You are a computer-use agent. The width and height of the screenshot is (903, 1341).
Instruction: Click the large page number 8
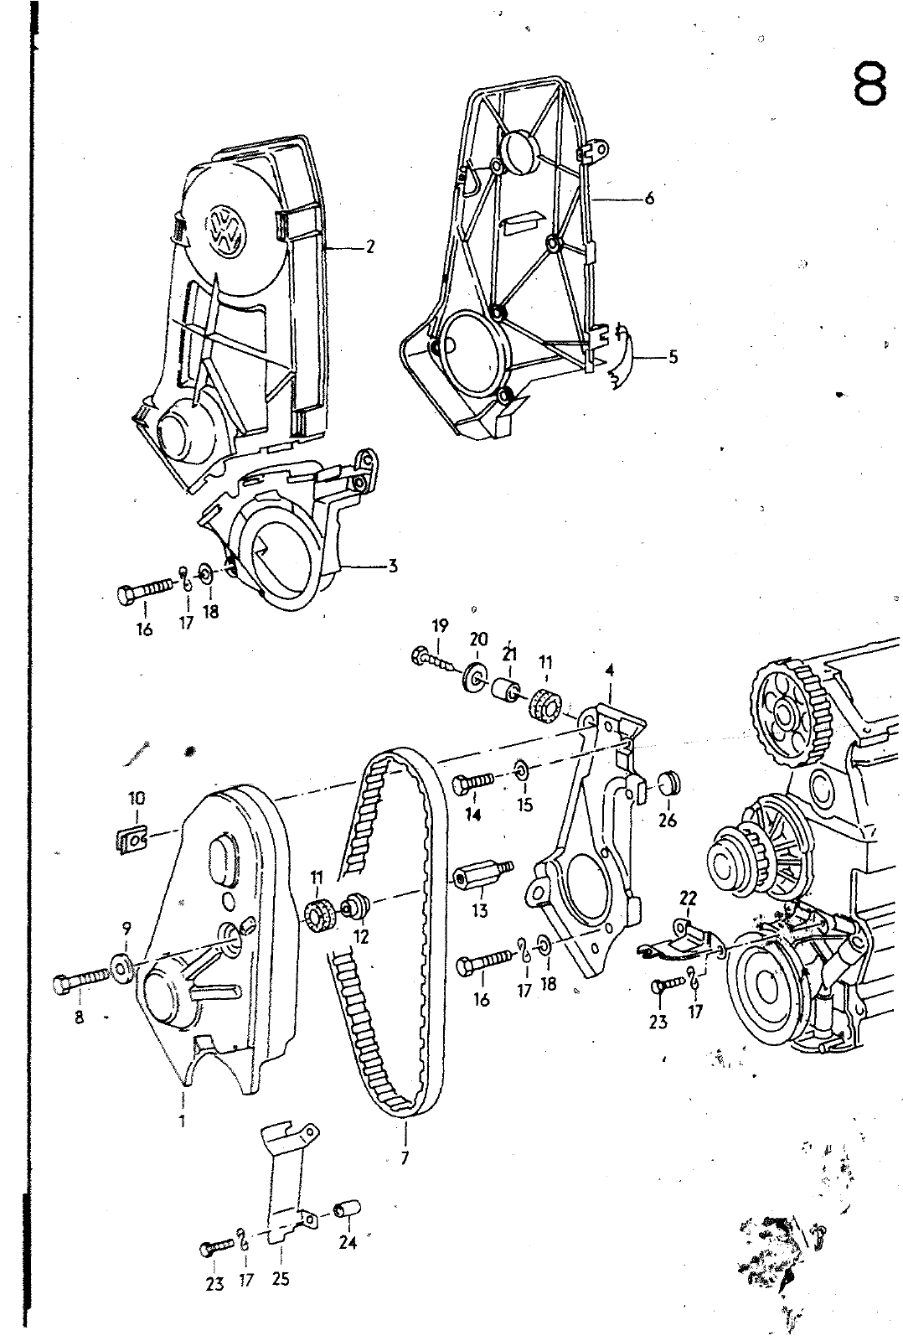click(869, 84)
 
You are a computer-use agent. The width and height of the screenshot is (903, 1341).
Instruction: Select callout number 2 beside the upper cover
click(369, 246)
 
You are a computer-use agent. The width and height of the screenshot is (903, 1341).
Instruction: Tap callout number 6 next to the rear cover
click(649, 198)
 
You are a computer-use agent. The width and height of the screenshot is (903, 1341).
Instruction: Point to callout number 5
click(673, 357)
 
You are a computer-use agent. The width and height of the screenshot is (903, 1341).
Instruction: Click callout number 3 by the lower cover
click(393, 565)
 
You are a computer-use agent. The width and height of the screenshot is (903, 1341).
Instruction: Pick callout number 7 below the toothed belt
click(405, 1158)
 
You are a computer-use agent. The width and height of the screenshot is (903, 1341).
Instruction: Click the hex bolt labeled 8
click(81, 983)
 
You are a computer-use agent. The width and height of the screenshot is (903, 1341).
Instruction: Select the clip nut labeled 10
click(131, 839)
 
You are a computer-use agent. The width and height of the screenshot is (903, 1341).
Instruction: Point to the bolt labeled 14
click(473, 783)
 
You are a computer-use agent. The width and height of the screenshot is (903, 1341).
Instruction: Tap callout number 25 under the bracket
click(280, 1279)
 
